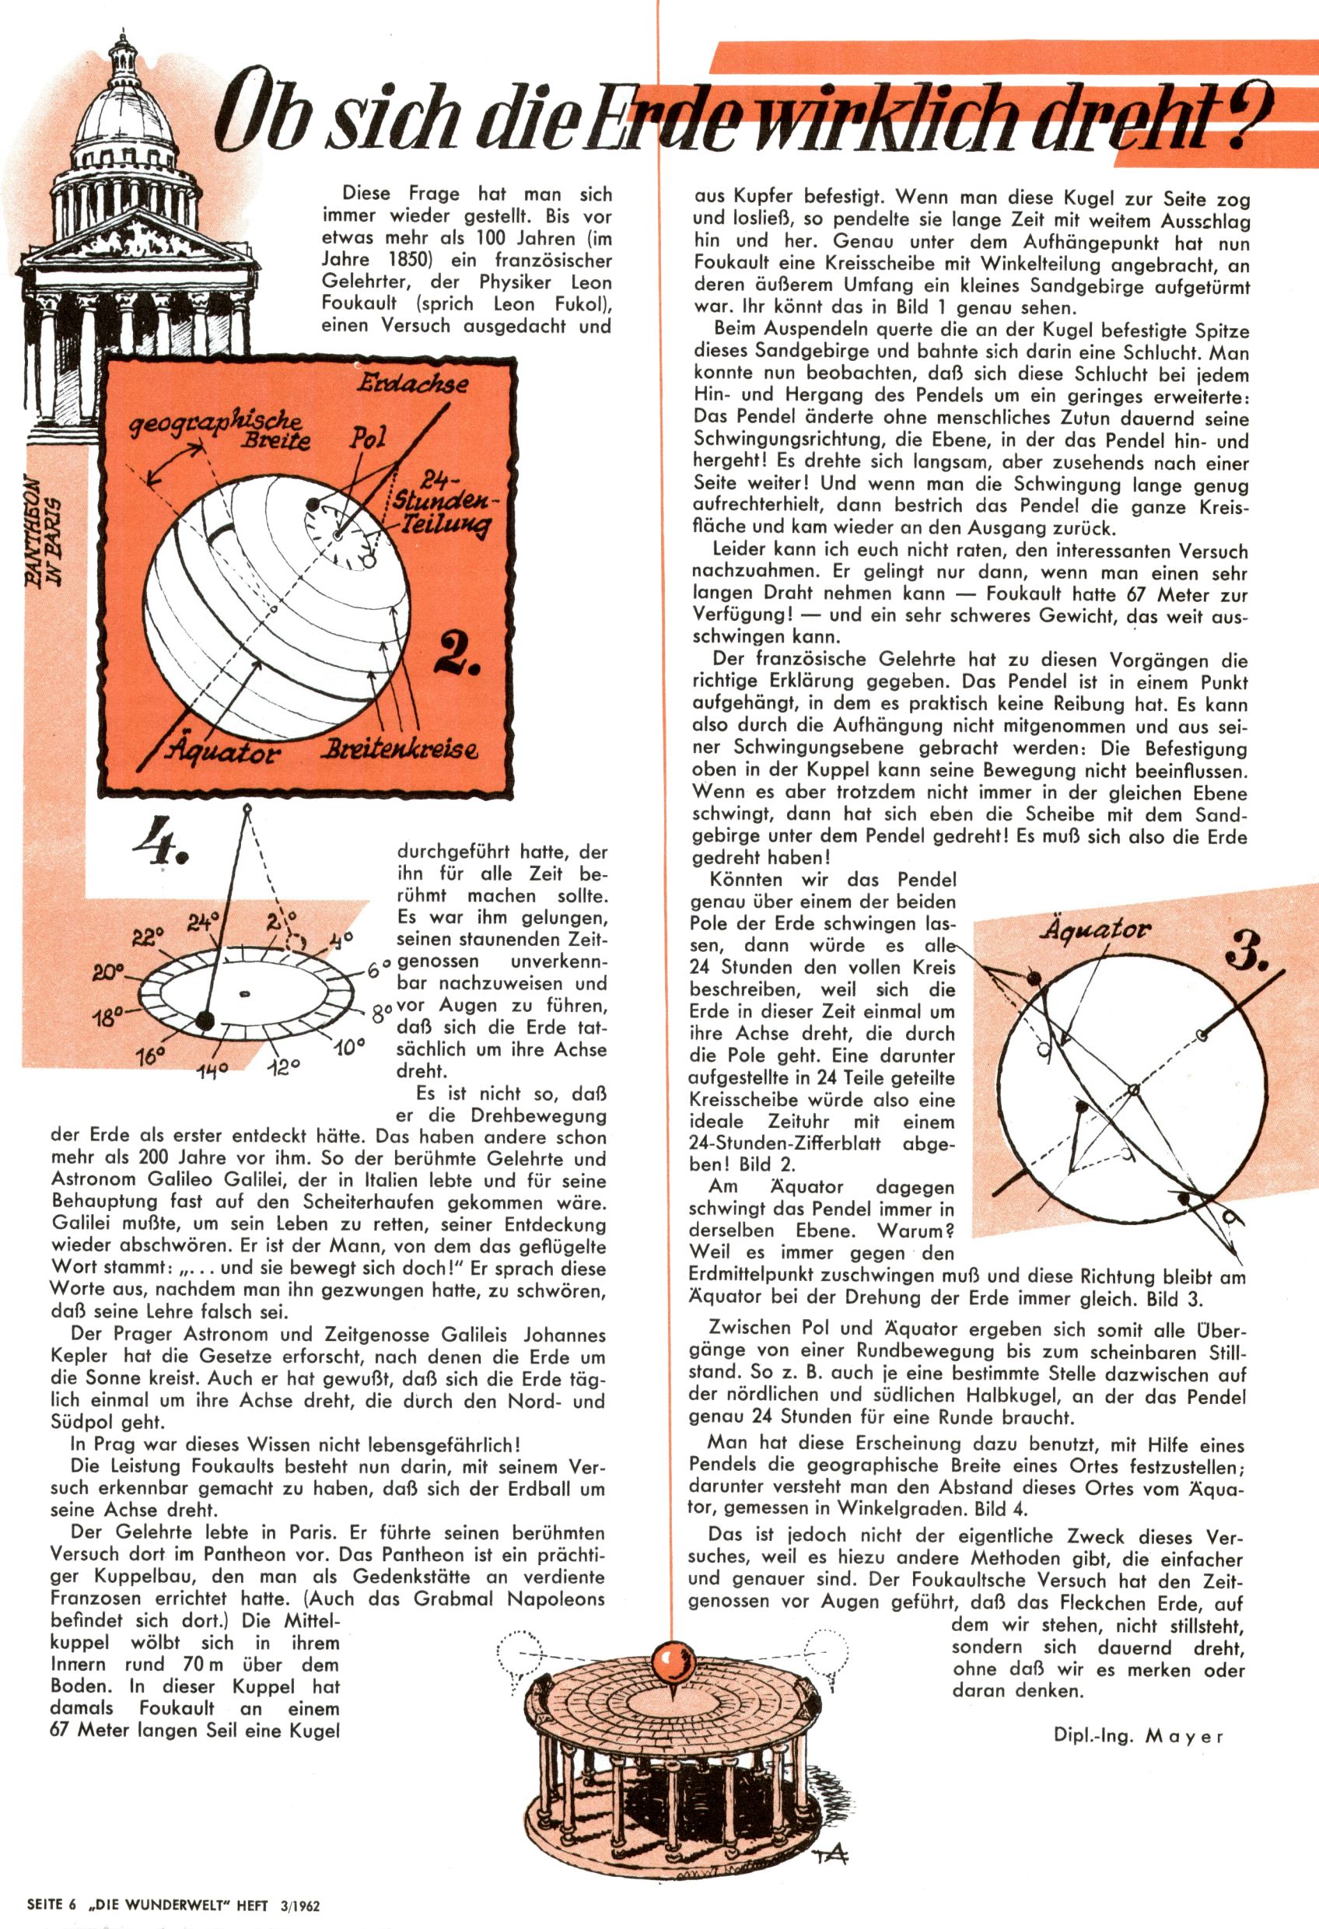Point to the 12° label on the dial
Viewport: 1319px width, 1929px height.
pyautogui.click(x=283, y=1067)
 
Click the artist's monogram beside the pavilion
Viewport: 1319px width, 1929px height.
pyautogui.click(x=829, y=1850)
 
